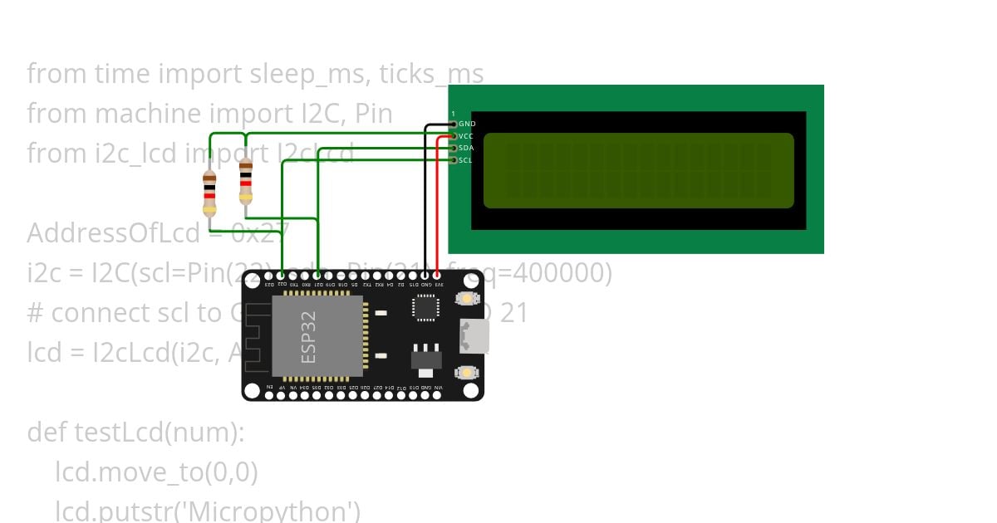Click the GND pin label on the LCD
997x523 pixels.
tap(467, 124)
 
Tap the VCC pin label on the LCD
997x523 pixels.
tap(466, 135)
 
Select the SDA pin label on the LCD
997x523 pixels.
tap(466, 148)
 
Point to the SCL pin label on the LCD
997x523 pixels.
tap(465, 160)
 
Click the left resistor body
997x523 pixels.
tap(209, 191)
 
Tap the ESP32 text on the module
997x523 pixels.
tap(308, 337)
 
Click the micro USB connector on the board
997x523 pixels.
tap(475, 336)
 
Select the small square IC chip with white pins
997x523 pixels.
tap(425, 308)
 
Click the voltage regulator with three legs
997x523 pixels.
tap(425, 356)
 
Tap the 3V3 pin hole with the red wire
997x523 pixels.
tap(437, 275)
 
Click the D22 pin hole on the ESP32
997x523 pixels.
tap(282, 275)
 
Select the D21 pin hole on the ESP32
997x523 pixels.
tap(318, 275)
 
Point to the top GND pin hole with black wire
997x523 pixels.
tap(425, 275)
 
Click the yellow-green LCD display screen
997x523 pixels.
tap(638, 170)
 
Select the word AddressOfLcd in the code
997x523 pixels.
tap(114, 233)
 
